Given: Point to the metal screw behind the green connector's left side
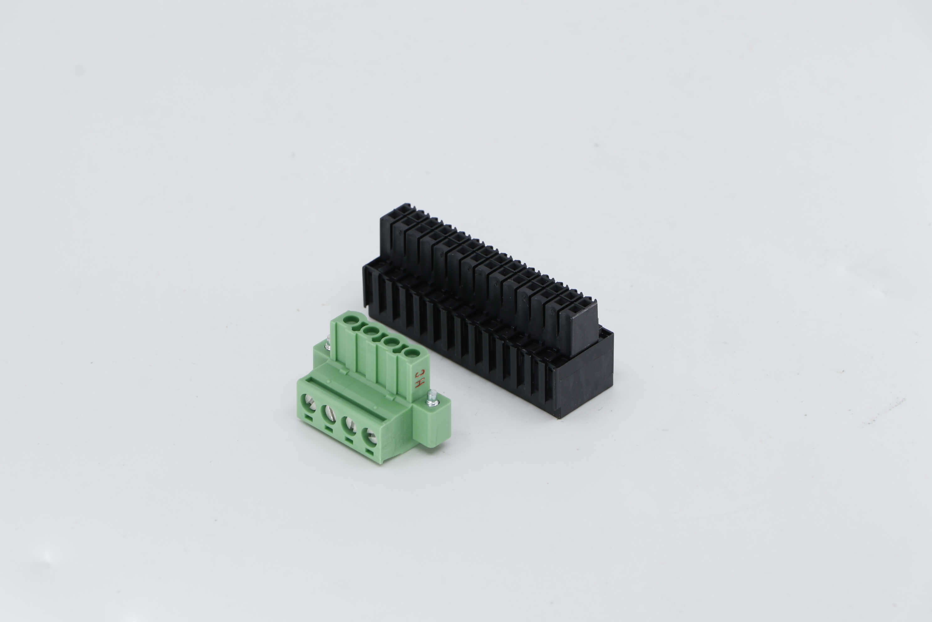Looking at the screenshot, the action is (328, 343).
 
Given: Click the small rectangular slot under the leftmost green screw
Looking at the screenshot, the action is (308, 417).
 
